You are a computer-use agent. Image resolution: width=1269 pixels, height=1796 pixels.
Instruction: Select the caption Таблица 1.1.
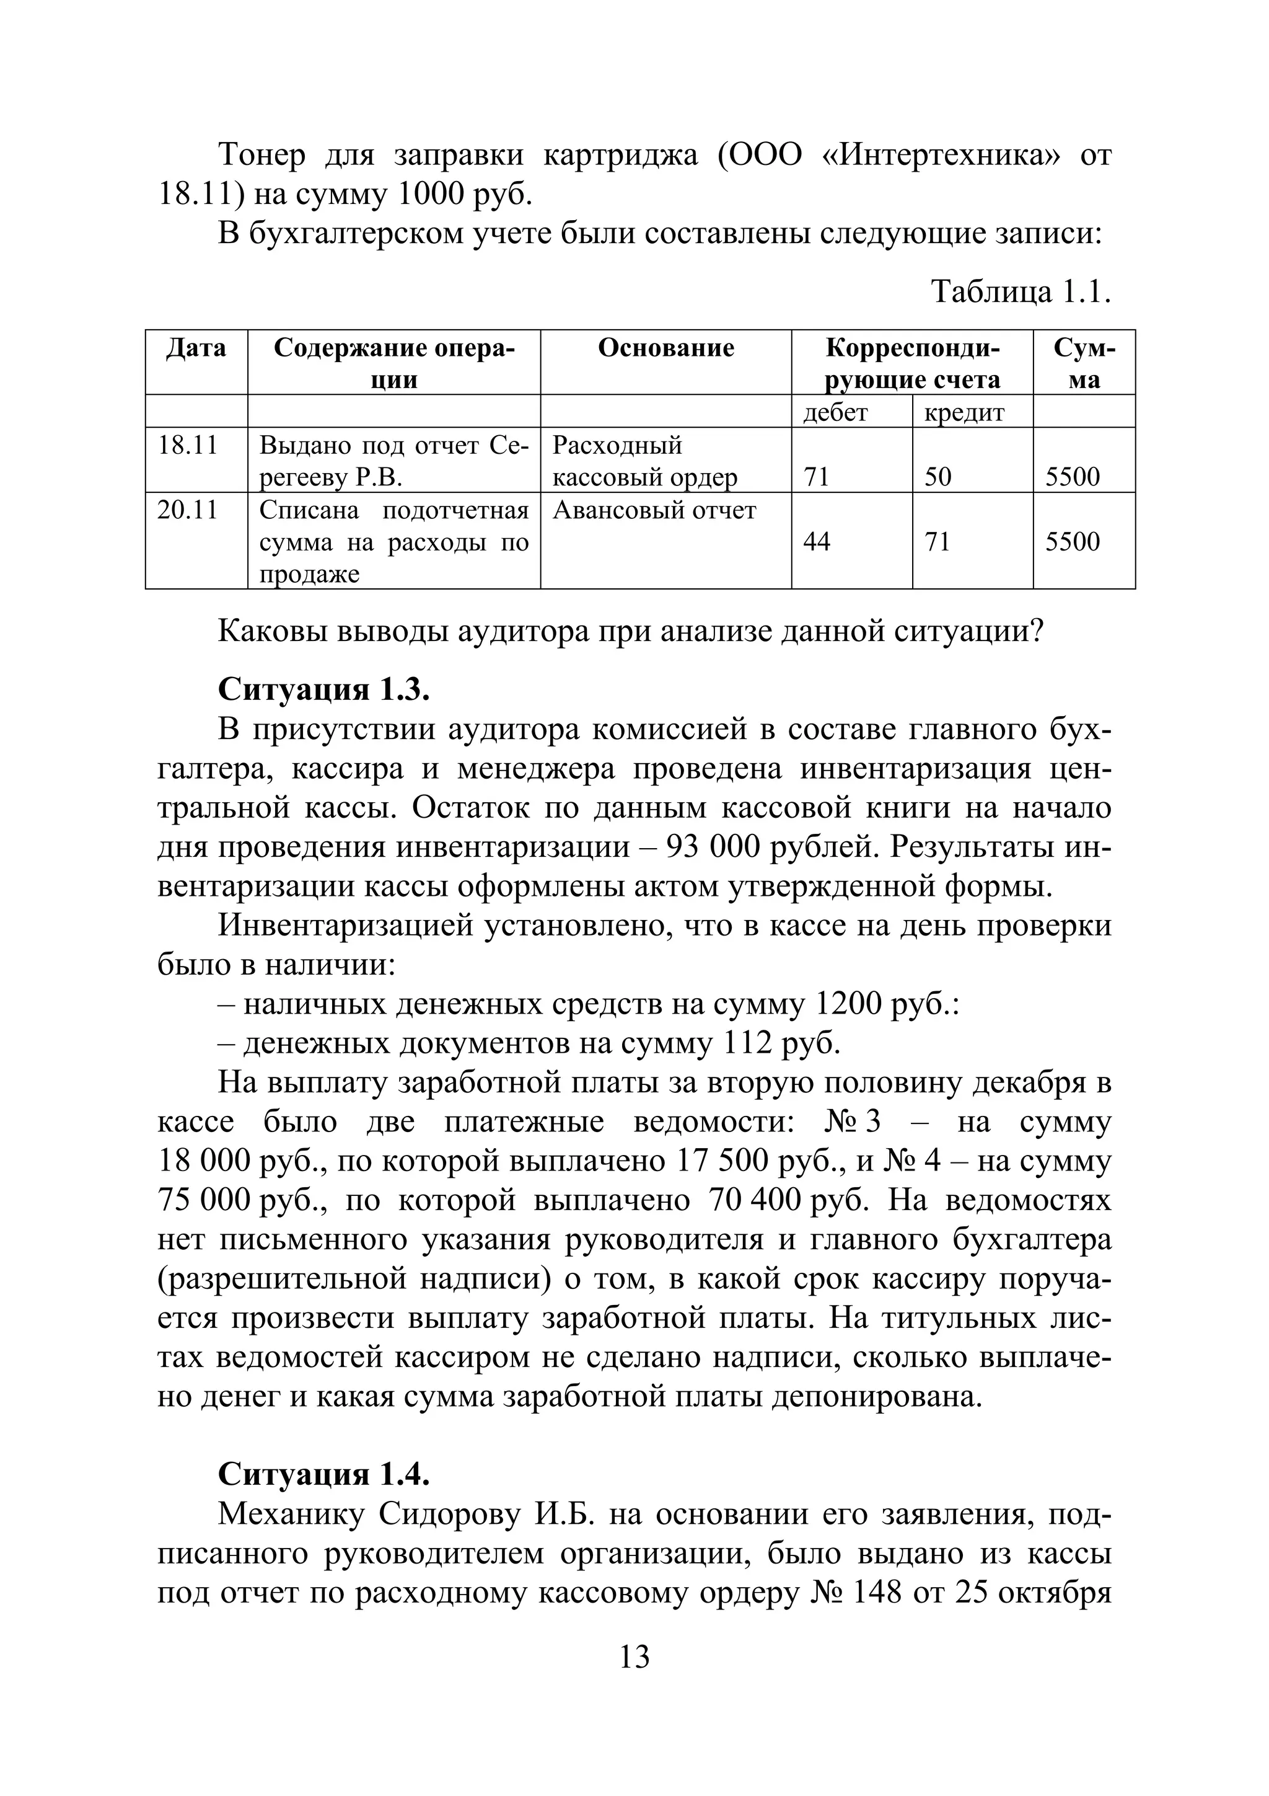tap(1021, 292)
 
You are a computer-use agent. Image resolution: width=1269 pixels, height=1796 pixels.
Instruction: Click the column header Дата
tap(196, 348)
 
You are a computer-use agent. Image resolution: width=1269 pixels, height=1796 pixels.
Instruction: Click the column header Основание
tap(665, 348)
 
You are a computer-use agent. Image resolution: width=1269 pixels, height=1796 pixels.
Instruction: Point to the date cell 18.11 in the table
tap(188, 446)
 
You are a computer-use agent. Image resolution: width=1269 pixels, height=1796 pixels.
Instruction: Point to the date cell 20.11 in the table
tap(188, 511)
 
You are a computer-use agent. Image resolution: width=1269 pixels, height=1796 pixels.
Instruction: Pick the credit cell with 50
tap(937, 477)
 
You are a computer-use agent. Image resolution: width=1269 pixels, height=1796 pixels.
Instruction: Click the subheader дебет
tap(835, 412)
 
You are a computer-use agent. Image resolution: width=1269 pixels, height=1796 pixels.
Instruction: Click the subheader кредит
tap(964, 412)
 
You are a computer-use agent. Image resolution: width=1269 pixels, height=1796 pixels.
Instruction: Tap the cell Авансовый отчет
tap(654, 511)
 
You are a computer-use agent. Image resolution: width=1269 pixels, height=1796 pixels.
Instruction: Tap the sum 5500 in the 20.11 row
tap(1072, 542)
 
